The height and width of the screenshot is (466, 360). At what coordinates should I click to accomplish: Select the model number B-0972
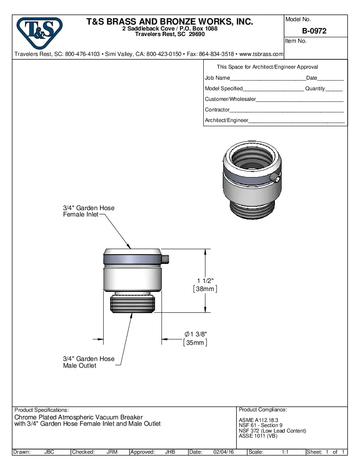pos(314,31)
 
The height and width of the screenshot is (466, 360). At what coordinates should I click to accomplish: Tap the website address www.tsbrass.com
pos(261,54)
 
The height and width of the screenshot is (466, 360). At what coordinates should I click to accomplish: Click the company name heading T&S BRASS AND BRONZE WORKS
pos(169,22)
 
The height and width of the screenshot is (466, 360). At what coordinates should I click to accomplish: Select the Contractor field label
pos(217,110)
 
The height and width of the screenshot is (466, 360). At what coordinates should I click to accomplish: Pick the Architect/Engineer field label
pos(227,120)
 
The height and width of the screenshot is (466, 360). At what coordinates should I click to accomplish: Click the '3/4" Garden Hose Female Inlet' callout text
pos(88,211)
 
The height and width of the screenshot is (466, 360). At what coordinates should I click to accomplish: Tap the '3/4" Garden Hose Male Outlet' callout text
pos(89,362)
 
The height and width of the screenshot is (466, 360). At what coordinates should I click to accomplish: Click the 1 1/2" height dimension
pos(205,280)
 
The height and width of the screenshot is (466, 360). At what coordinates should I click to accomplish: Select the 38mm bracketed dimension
pos(205,289)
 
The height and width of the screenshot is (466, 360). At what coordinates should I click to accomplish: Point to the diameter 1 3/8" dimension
pos(196,334)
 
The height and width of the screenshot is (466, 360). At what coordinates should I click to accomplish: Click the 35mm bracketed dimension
pos(195,343)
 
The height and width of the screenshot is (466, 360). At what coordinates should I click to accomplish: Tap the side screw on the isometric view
pos(277,178)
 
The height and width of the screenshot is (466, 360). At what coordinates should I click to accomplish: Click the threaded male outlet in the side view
pos(133,305)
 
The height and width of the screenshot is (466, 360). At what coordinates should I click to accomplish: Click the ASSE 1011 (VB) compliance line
pos(258,436)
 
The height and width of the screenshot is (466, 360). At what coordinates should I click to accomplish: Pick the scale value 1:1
pos(285,452)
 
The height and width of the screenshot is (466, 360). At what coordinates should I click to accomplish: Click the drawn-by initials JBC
pos(49,452)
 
